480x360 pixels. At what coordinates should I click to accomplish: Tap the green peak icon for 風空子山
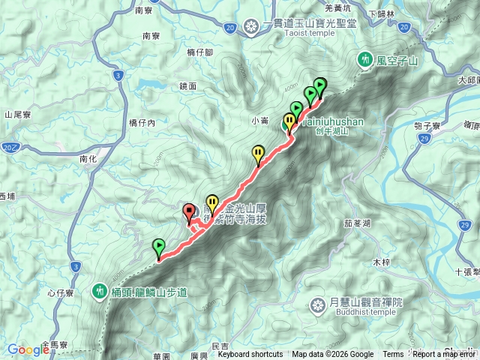click(366, 58)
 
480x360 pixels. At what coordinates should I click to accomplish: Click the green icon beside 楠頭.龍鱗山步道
click(100, 291)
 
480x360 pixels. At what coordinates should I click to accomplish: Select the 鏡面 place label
click(188, 86)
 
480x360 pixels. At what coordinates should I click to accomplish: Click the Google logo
click(28, 349)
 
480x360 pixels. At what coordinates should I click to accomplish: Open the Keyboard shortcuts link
click(250, 355)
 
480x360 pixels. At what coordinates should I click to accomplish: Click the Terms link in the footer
click(393, 355)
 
